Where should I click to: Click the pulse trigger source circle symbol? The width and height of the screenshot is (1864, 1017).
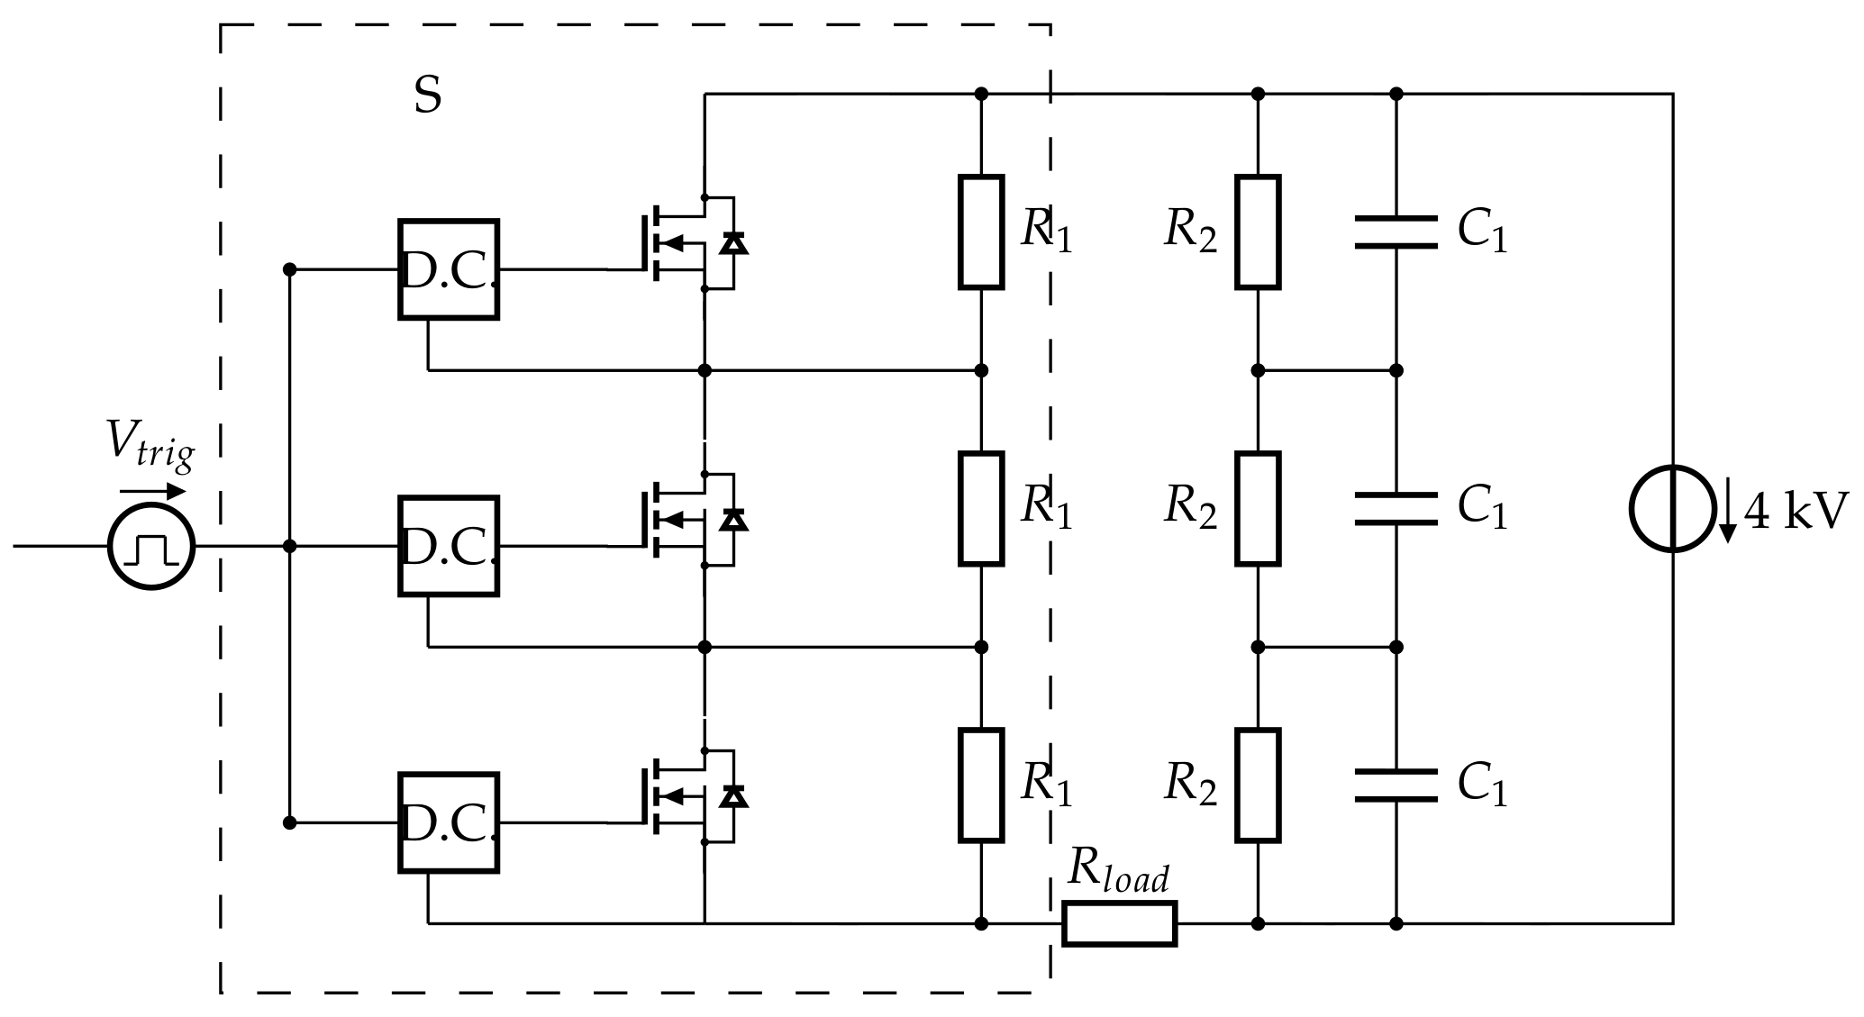(151, 546)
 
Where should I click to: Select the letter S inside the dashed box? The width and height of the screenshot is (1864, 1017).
(428, 95)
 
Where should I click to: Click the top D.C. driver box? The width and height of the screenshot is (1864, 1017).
(449, 269)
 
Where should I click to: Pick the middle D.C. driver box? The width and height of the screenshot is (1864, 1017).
(449, 546)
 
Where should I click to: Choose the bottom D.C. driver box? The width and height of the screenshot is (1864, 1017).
(449, 822)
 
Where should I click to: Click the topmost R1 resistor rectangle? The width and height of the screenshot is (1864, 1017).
(981, 232)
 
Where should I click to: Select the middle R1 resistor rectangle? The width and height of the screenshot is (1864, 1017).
(981, 509)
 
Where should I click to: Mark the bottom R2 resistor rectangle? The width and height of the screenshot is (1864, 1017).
(1258, 785)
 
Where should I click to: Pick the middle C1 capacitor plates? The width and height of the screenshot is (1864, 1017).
(1396, 509)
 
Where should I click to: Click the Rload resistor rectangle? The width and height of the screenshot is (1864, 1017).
(1119, 923)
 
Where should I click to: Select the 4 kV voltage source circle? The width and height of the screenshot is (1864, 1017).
(1672, 509)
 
